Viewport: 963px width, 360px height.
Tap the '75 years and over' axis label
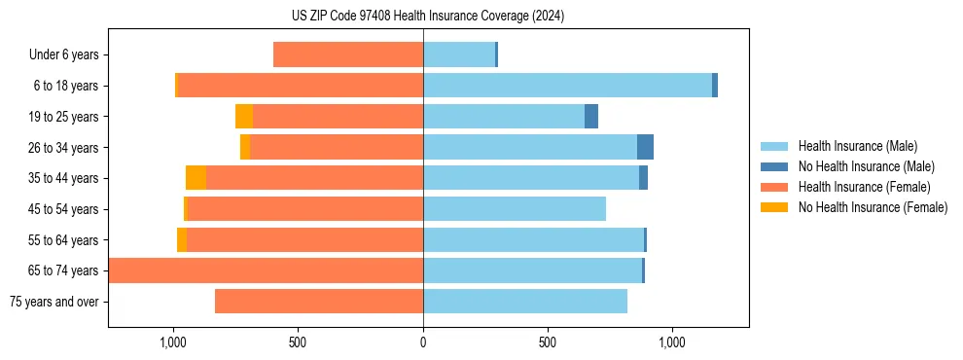coord(54,302)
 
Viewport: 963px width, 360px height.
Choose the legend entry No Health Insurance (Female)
coord(873,207)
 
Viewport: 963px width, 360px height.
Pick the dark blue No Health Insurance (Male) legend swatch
coord(774,166)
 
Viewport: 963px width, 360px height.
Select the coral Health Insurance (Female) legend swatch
coord(774,187)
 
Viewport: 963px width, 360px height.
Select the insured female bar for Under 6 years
coord(348,54)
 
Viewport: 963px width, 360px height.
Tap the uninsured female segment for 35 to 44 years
coord(196,178)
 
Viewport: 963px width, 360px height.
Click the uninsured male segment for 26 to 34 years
coord(645,147)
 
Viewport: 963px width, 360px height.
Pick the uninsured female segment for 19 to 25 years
coord(244,117)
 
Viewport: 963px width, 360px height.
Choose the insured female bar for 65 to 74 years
coord(266,270)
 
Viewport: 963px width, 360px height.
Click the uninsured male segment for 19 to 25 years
coord(591,117)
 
